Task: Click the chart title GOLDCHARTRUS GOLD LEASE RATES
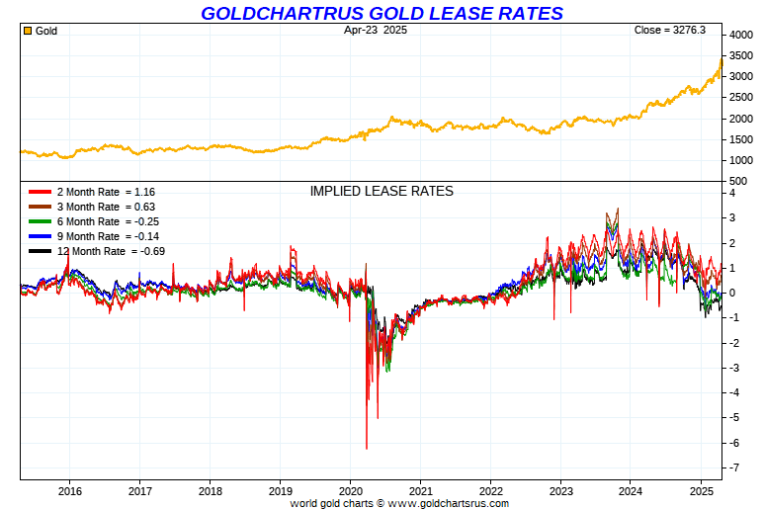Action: pos(381,13)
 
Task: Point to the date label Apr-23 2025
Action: pos(376,31)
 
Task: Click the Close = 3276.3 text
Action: pos(669,31)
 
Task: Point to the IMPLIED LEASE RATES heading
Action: pos(381,191)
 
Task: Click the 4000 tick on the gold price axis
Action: pos(740,36)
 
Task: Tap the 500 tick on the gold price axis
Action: pos(737,182)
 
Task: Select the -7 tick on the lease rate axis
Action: pos(733,467)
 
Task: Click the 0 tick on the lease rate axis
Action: pos(732,293)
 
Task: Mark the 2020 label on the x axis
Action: pos(351,491)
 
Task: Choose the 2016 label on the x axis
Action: pos(69,491)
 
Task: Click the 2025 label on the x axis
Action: pos(702,491)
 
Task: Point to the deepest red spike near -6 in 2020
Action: pos(367,447)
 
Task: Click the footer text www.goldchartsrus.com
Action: pos(449,503)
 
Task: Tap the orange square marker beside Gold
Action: pos(28,31)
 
